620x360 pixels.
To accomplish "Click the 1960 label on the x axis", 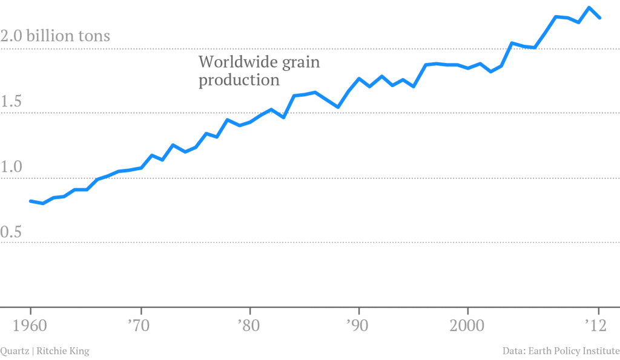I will coord(30,326).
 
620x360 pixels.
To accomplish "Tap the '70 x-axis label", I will coord(140,326).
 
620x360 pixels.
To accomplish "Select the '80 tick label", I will coord(249,326).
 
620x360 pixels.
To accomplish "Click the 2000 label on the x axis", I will coord(467,326).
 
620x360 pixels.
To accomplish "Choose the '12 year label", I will coord(598,326).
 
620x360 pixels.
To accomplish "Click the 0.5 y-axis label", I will coord(12,232).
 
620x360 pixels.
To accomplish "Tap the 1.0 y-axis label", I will coord(12,168).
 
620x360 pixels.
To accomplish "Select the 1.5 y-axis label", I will coord(12,102).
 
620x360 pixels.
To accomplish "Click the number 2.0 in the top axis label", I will coord(12,36).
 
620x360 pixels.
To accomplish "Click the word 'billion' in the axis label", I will coord(52,36).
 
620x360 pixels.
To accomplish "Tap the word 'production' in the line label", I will coord(239,80).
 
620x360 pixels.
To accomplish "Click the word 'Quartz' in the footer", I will coord(12,351).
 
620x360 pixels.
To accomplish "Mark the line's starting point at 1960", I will coord(30,201).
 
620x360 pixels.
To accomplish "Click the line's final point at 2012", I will coord(599,18).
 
